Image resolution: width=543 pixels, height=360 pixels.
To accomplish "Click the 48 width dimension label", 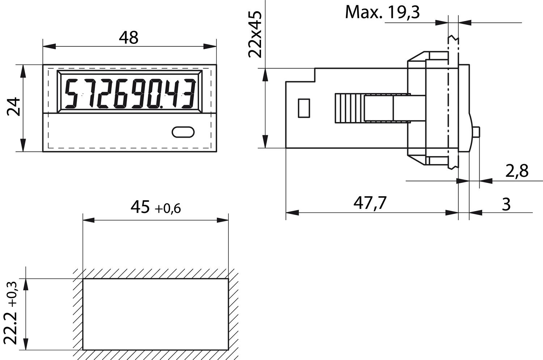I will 129,37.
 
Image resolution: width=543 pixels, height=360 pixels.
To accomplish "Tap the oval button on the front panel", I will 183,132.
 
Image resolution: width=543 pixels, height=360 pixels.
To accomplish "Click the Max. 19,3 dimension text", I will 382,12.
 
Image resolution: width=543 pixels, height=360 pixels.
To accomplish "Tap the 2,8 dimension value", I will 517,171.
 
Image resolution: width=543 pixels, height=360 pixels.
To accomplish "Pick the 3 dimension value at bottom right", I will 506,204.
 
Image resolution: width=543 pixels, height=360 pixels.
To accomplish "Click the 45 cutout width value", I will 140,207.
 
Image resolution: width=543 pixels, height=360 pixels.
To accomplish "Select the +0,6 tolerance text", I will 168,209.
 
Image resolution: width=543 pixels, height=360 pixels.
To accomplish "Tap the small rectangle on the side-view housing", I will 304,108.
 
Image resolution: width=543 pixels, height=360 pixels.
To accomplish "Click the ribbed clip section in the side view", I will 349,108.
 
